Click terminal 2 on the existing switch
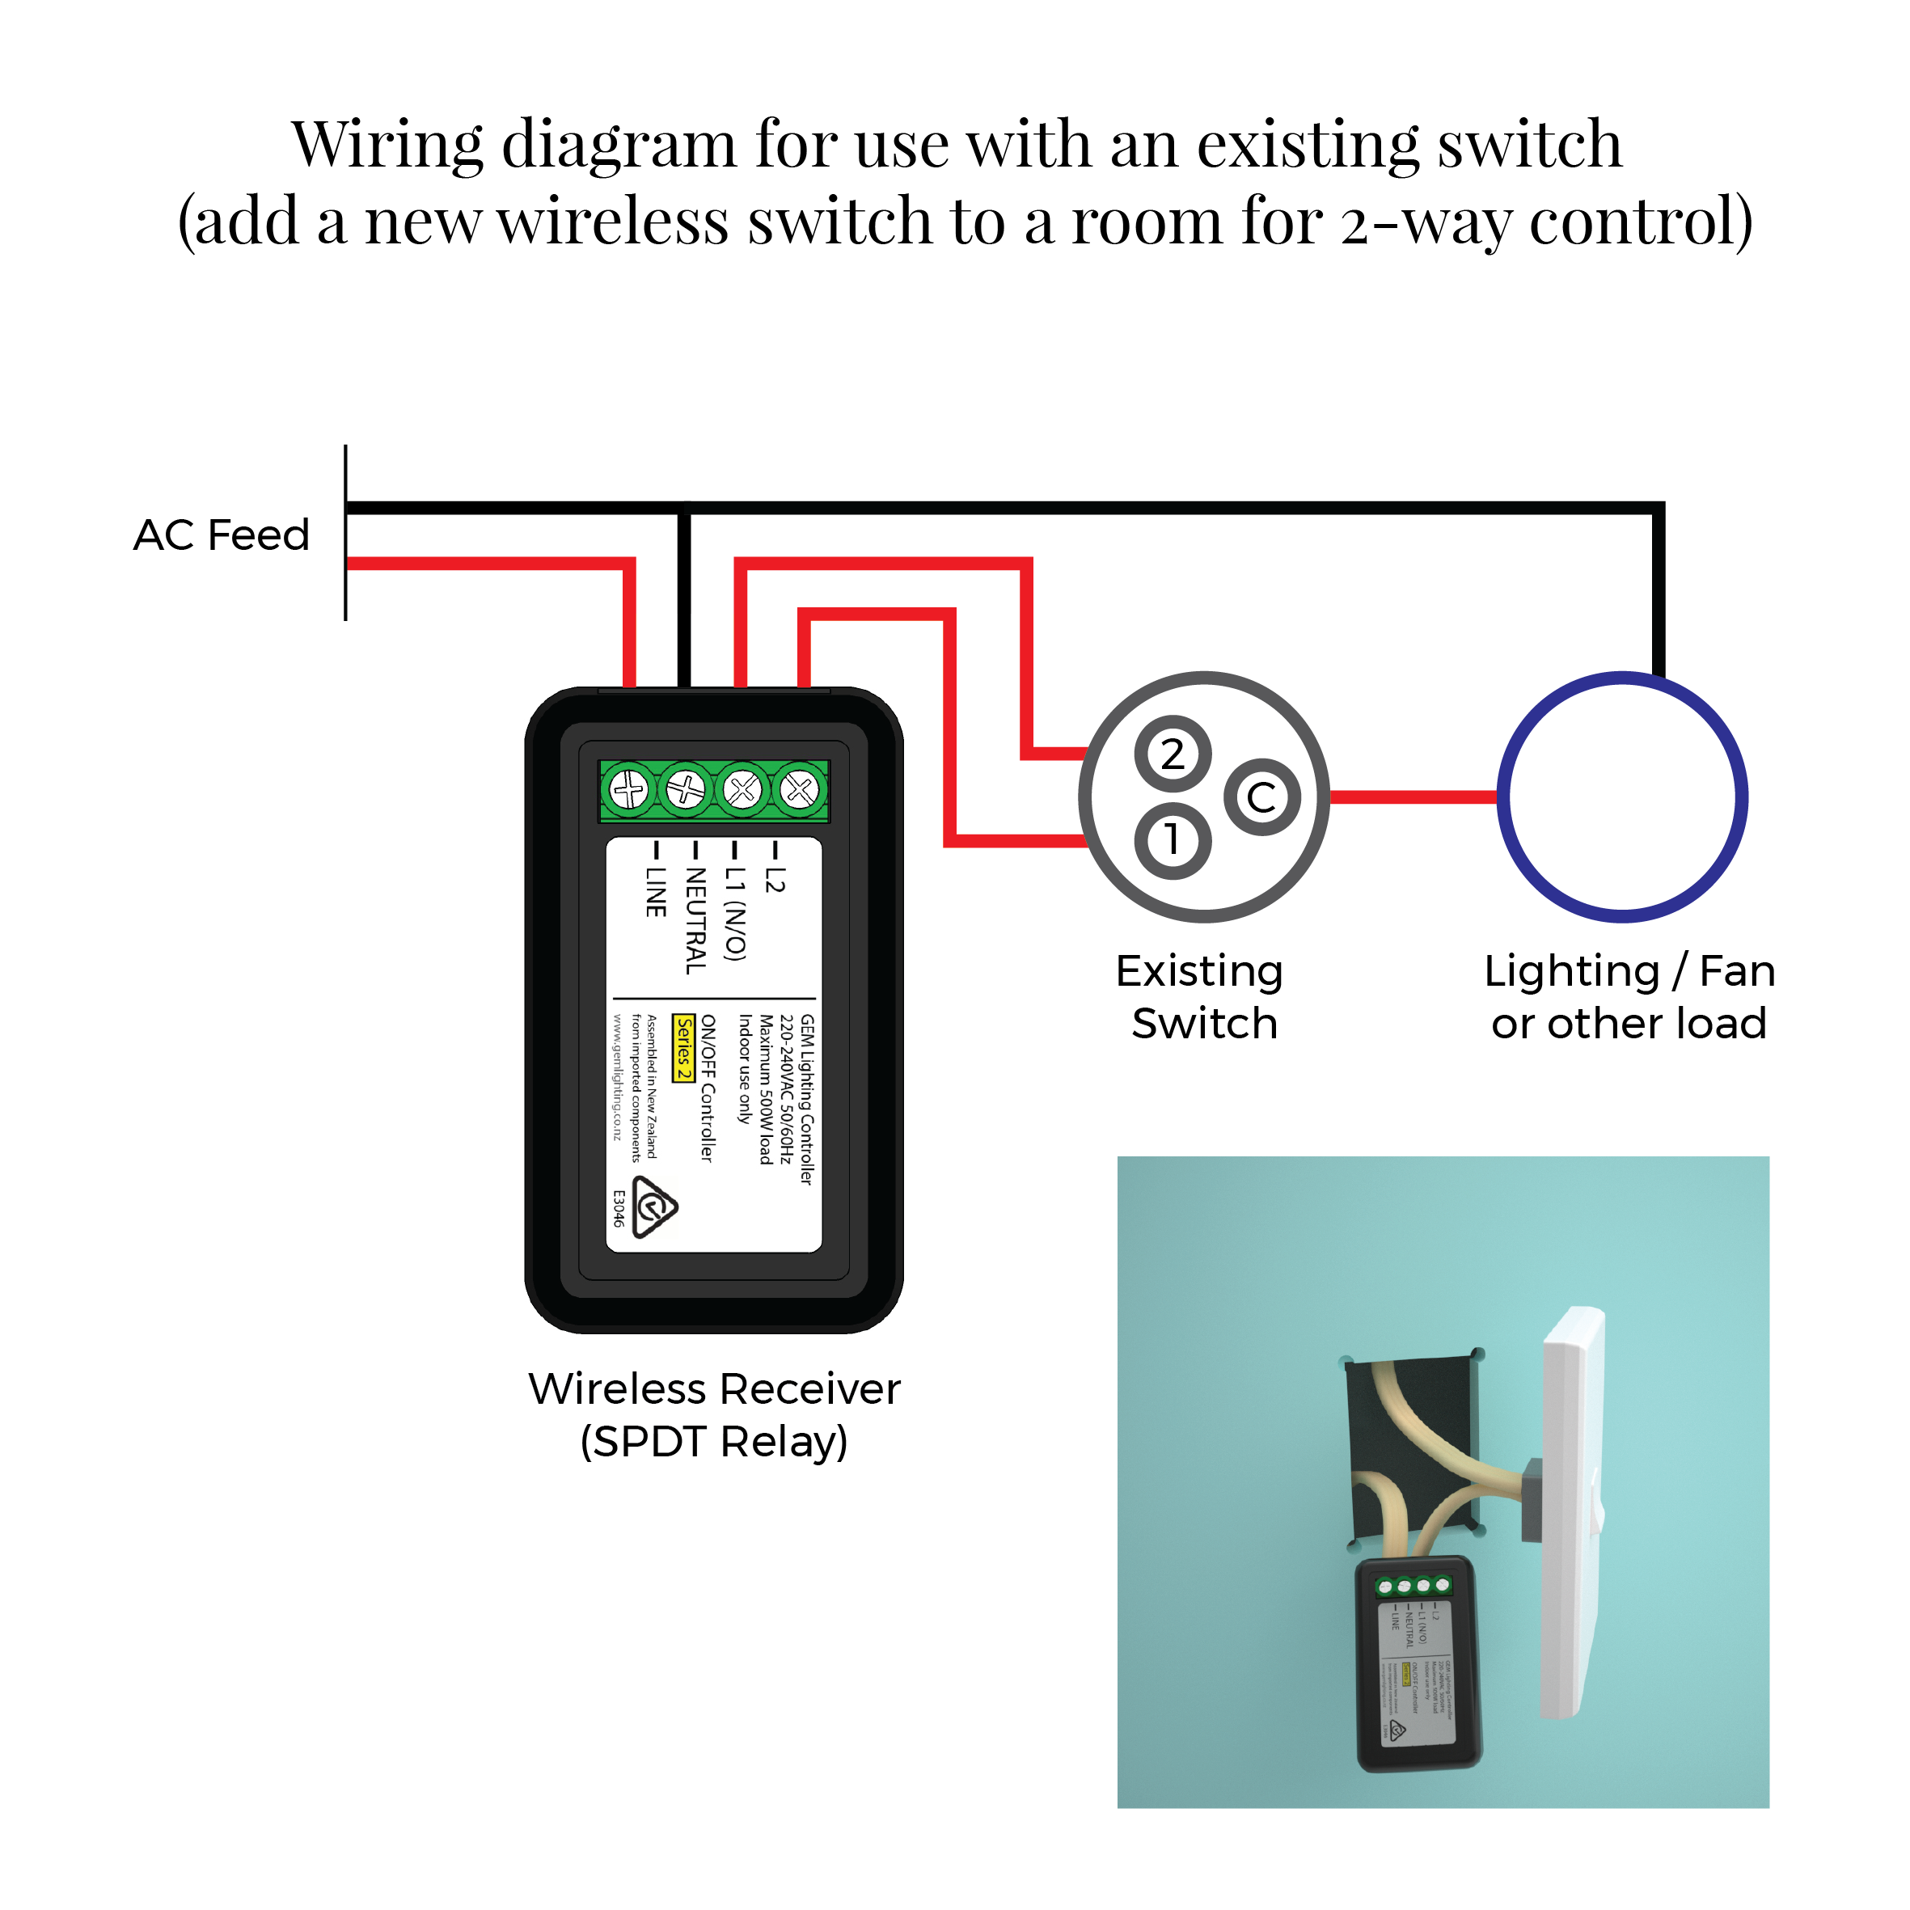tap(1173, 754)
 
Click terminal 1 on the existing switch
tap(1173, 840)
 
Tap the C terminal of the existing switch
tap(1261, 797)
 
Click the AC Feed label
tap(222, 535)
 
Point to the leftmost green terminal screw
tap(629, 790)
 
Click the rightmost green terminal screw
tap(800, 790)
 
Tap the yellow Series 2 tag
tap(683, 1048)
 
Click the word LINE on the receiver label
tap(654, 892)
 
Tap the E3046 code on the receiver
tap(619, 1208)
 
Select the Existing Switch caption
tap(1202, 996)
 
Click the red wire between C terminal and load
tap(1413, 797)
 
